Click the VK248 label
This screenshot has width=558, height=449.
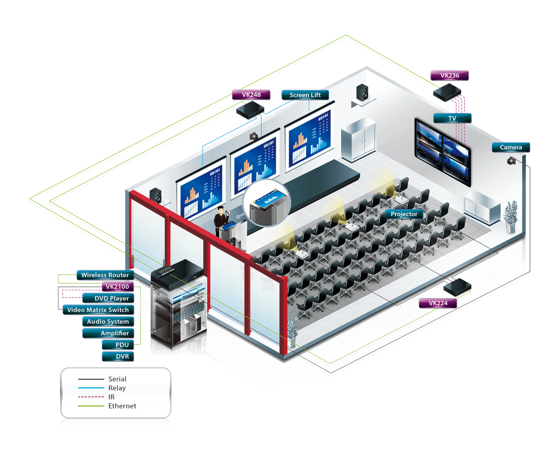point(252,95)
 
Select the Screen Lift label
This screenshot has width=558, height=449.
point(304,95)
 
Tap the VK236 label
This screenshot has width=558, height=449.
point(449,76)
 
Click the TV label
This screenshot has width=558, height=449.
point(452,118)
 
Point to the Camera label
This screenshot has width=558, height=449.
point(511,147)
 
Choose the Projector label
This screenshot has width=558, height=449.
point(404,214)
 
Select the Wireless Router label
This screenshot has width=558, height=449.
point(105,275)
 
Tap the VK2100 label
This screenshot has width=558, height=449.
point(117,286)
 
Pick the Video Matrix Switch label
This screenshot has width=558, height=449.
point(98,310)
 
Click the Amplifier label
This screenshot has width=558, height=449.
point(115,333)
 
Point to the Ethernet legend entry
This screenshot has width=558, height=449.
point(122,406)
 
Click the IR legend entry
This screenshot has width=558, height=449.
point(111,397)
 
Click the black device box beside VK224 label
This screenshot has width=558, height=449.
point(457,286)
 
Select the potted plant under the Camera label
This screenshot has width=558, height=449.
point(511,216)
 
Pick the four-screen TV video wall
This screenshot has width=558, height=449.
point(442,151)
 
